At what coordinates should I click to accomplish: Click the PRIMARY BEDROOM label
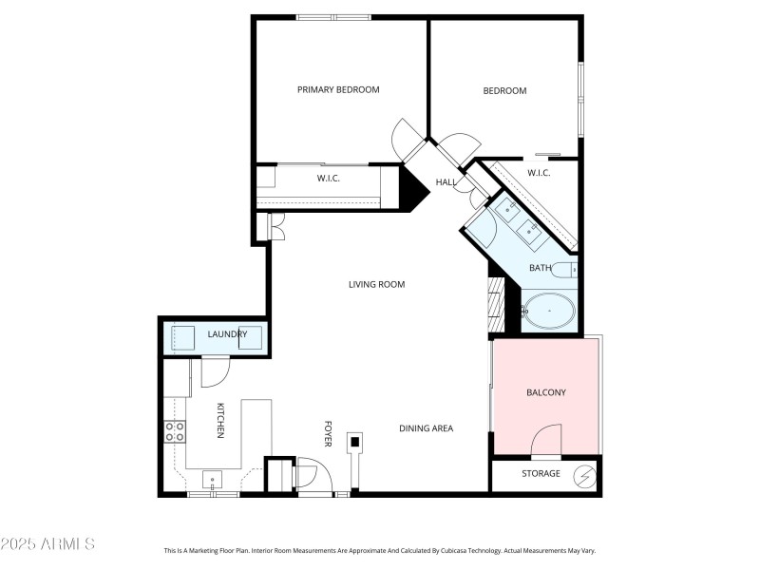(338, 90)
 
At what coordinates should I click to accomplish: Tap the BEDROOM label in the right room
(504, 91)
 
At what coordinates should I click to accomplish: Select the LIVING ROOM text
(376, 284)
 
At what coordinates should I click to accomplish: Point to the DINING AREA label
(426, 428)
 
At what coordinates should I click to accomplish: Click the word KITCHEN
(219, 420)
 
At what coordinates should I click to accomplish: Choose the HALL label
(446, 182)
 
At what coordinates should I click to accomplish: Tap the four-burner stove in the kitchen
(176, 432)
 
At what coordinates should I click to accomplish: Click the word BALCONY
(546, 392)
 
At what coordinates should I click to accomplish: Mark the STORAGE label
(541, 473)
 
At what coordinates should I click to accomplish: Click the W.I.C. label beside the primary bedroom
(329, 179)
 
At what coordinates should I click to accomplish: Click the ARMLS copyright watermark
(47, 544)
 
